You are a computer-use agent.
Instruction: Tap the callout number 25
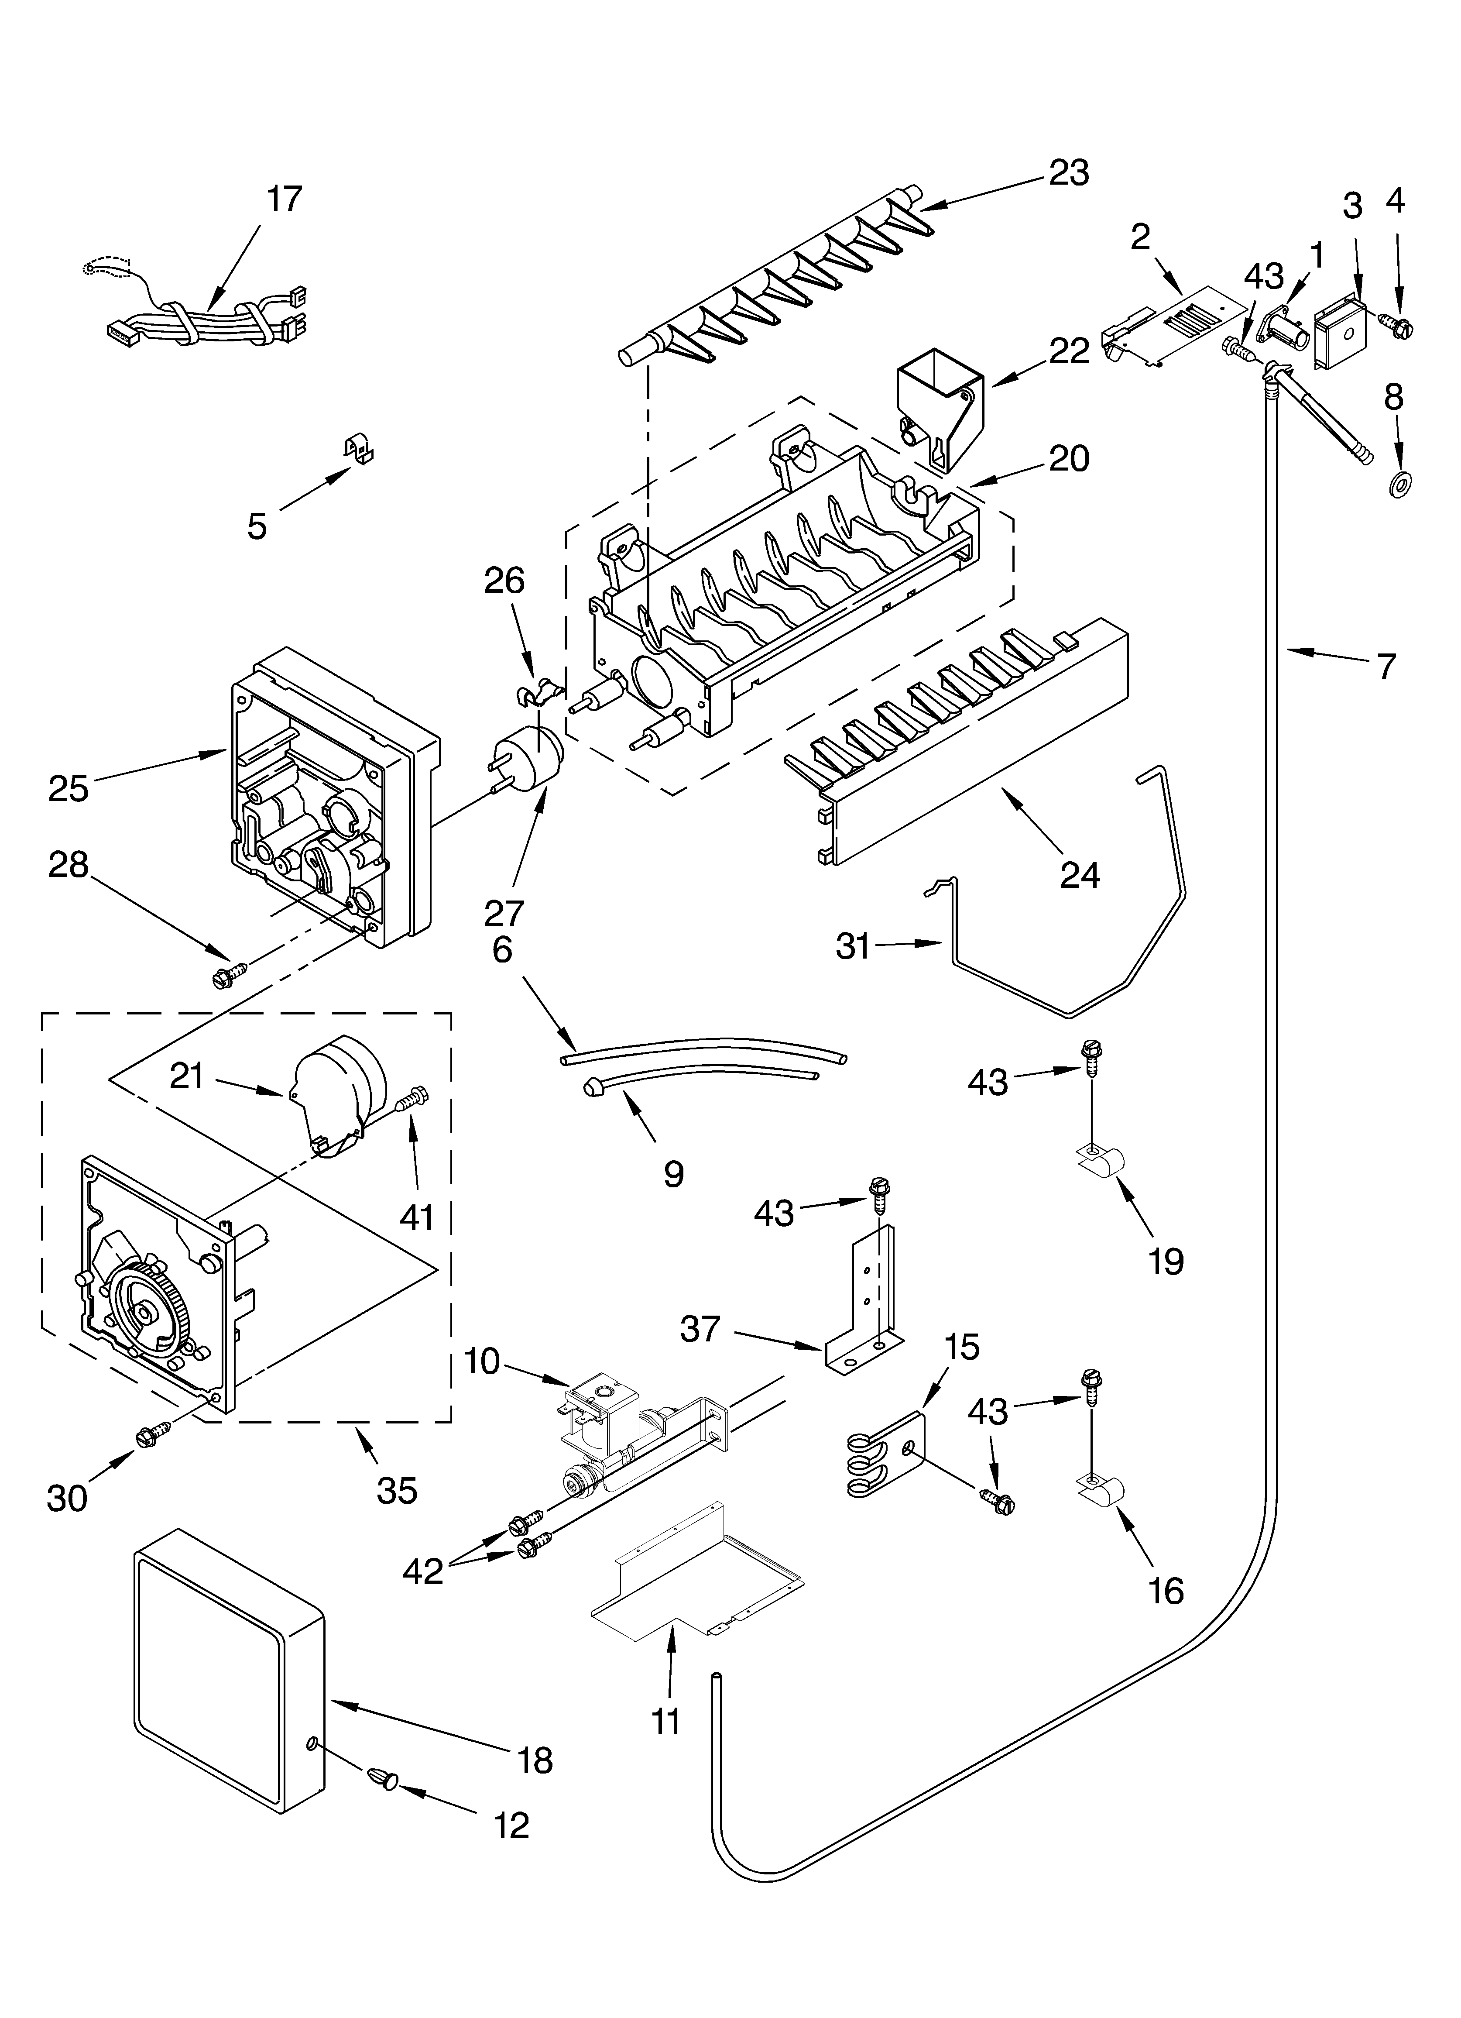pyautogui.click(x=69, y=787)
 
